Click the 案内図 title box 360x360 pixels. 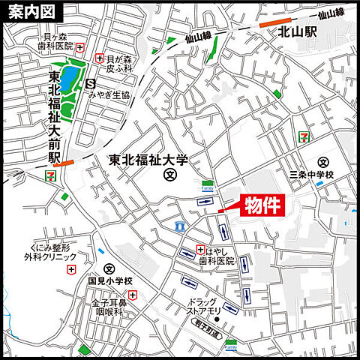tap(31, 12)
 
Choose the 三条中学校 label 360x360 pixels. tap(310, 175)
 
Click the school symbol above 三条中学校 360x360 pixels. tap(323, 162)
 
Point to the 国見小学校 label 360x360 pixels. tap(109, 281)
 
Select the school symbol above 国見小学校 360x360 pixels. tap(109, 268)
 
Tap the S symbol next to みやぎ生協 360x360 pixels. tap(91, 83)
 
